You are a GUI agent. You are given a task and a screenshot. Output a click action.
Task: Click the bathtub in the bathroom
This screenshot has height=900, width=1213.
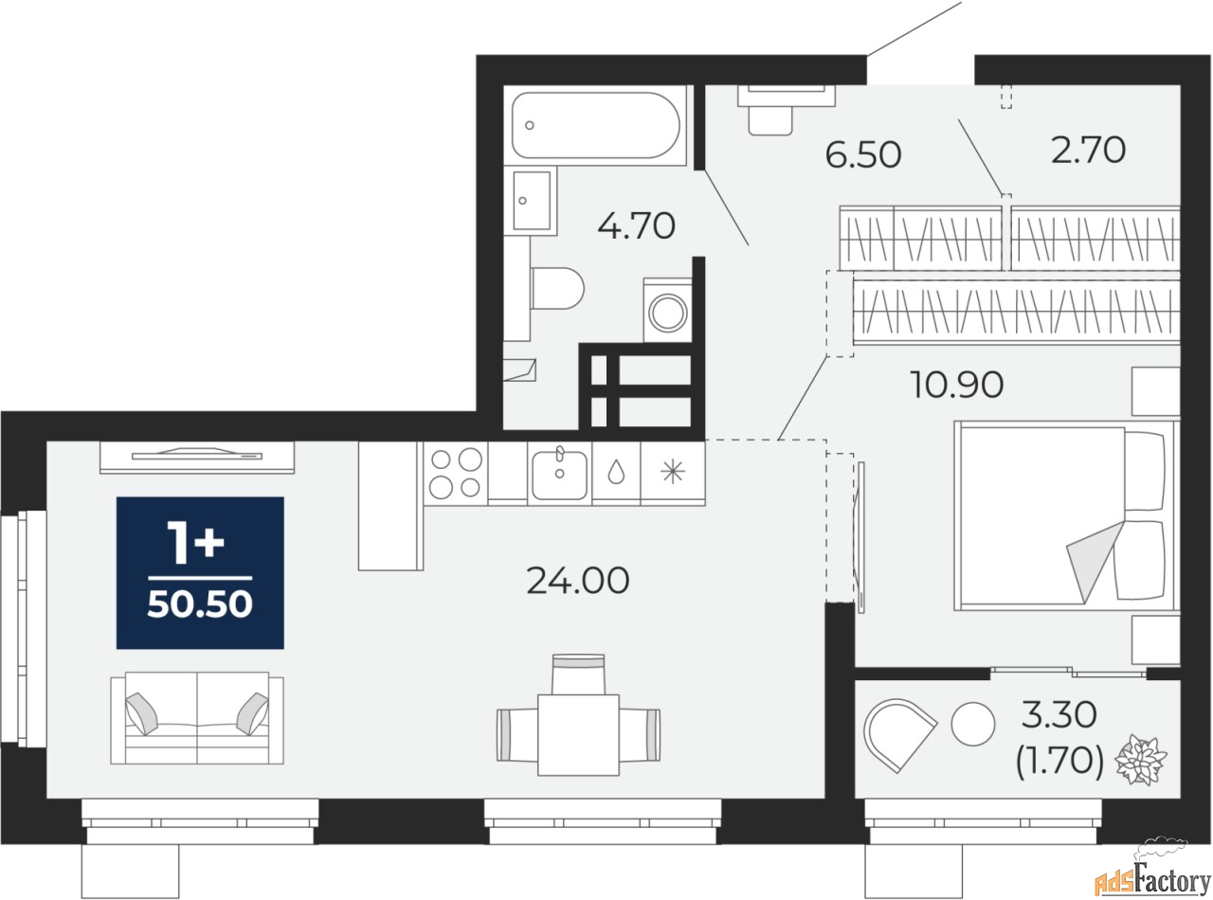pos(595,126)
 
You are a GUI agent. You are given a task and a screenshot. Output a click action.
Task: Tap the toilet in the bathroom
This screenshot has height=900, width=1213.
pos(557,288)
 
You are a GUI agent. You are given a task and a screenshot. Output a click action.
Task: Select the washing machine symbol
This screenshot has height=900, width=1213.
pos(669,310)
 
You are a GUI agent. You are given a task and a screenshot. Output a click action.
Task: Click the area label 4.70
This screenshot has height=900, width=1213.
pos(636,226)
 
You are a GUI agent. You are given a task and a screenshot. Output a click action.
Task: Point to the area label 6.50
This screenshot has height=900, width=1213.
pos(862,154)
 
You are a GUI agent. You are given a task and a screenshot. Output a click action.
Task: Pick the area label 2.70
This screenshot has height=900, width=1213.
pos(1089,150)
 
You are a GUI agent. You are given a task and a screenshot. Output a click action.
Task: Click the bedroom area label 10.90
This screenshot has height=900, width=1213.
pos(957,385)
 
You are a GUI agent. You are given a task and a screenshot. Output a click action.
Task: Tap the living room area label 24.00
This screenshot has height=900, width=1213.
pos(577,580)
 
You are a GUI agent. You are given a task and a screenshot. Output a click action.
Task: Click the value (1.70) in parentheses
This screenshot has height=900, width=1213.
pos(1059,761)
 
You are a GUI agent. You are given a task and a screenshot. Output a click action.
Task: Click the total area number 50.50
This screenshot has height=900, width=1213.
pos(200,604)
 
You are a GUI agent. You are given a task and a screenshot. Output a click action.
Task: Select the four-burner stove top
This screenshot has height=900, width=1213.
pos(455,473)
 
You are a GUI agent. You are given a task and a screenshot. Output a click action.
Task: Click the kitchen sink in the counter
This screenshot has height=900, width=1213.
pos(559,474)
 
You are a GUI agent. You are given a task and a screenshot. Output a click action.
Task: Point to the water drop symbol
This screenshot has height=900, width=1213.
pos(616,473)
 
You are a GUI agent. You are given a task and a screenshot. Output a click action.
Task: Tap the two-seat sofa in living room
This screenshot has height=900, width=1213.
pos(197,717)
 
